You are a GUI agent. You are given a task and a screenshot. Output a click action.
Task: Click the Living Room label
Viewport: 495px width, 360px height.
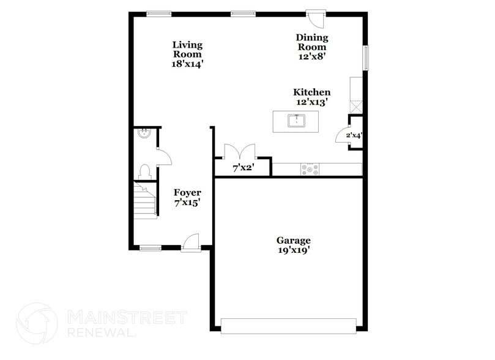[x=187, y=54]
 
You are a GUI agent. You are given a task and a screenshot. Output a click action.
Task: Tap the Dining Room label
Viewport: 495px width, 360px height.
[x=311, y=47]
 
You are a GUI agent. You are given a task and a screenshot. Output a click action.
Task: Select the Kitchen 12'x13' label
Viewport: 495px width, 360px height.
[x=311, y=97]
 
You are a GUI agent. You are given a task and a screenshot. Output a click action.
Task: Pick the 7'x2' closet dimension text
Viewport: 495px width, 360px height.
[x=243, y=167]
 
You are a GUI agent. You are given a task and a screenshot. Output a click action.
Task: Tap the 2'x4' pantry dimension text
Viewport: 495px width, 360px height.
[x=354, y=135]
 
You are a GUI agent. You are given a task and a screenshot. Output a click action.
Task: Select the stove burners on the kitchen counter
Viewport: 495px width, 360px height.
[x=310, y=170]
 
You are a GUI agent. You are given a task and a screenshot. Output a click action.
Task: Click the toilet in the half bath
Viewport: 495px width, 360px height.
[x=145, y=172]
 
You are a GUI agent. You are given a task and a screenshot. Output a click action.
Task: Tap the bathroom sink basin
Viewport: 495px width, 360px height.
[x=143, y=133]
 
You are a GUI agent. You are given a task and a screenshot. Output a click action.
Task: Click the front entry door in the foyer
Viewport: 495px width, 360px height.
[x=192, y=243]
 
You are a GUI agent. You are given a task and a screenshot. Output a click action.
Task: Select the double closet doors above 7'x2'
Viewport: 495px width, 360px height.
[x=239, y=152]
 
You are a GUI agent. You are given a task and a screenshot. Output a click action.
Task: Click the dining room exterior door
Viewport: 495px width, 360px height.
[x=316, y=18]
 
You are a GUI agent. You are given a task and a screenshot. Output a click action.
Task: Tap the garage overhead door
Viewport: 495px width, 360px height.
[x=288, y=326]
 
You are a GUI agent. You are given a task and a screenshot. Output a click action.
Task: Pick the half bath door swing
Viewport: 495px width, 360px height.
[x=163, y=157]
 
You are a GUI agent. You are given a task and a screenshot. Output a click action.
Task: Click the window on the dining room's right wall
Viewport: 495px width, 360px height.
[x=366, y=58]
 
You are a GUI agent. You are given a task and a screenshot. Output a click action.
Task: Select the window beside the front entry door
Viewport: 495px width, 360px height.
[x=150, y=248]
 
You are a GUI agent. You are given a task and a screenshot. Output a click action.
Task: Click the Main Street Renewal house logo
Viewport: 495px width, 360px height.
[x=37, y=323]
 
